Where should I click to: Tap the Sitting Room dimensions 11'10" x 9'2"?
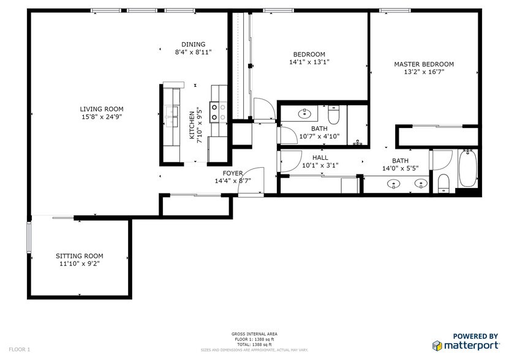click(80, 264)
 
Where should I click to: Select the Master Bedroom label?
click(423, 64)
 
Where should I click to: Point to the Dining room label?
click(193, 44)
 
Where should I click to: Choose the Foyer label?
click(232, 173)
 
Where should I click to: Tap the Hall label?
click(320, 157)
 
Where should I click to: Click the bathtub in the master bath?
click(467, 169)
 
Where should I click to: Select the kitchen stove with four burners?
click(216, 111)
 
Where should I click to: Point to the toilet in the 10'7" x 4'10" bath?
click(334, 114)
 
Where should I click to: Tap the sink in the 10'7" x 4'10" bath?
click(304, 113)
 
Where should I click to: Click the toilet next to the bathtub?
click(443, 182)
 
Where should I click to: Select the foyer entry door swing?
click(254, 181)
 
